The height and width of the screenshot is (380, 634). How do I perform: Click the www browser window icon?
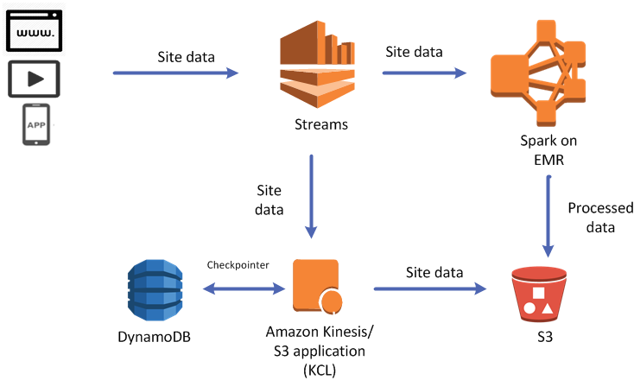coord(35,30)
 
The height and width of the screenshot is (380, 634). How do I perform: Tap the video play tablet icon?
coord(35,79)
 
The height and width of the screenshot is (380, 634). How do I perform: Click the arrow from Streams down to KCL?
coord(312,195)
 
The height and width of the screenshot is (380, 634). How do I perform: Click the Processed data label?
coord(599,218)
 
